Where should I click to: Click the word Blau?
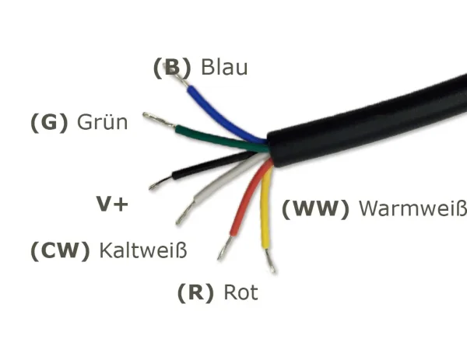click(224, 68)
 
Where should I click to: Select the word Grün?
click(103, 123)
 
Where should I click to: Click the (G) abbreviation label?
click(49, 123)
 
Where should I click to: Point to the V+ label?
click(112, 204)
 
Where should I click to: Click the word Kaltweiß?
click(144, 251)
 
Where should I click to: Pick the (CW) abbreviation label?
click(60, 251)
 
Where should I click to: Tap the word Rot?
click(241, 293)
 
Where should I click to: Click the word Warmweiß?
click(413, 208)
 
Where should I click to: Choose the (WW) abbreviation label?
click(315, 208)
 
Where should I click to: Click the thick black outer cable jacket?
click(366, 117)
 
